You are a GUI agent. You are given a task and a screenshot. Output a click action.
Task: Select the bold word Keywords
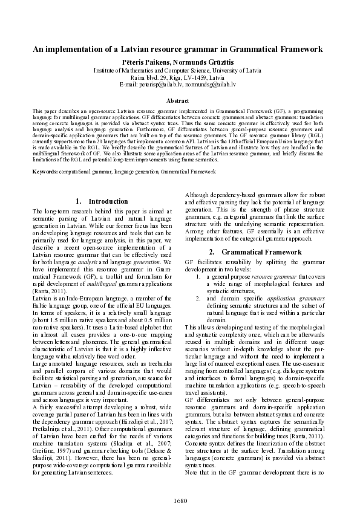point(45,172)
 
